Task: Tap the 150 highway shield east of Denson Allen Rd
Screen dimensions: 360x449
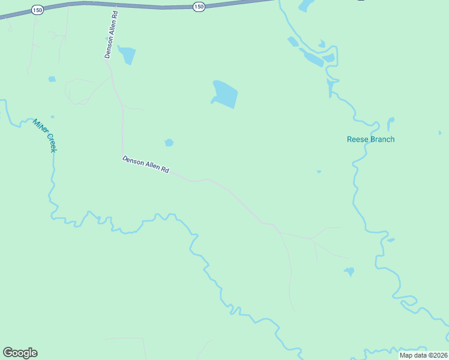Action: [199, 6]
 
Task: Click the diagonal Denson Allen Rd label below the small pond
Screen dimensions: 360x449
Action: [146, 165]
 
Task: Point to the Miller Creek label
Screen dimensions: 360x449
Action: [44, 134]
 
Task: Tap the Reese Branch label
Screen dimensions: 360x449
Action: [371, 139]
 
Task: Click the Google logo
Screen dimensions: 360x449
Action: [20, 353]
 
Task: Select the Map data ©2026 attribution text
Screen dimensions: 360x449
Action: [424, 355]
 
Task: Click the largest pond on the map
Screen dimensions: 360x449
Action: [225, 94]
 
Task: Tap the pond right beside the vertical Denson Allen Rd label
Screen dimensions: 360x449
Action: [127, 55]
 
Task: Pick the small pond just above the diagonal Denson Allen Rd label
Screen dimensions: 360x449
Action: [169, 143]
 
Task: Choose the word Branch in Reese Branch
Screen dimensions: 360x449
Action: [382, 139]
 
